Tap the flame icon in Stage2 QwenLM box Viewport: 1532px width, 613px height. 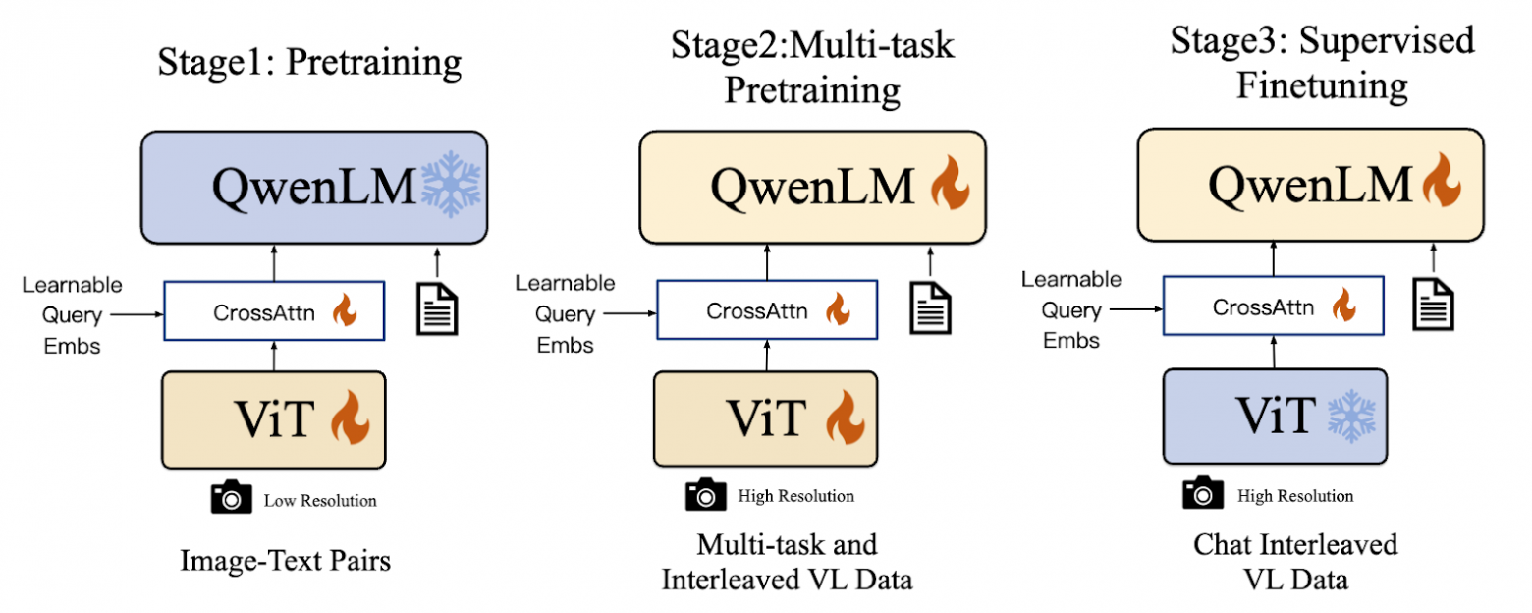(948, 186)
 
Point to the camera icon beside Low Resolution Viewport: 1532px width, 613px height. (232, 499)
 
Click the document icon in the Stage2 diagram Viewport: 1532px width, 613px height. (929, 307)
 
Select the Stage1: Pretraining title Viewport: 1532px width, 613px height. (309, 62)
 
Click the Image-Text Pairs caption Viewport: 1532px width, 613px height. (286, 561)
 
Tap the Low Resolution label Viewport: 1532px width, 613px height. (319, 501)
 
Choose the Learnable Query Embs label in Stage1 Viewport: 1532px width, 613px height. (72, 315)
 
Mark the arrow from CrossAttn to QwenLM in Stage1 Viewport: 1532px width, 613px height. (274, 263)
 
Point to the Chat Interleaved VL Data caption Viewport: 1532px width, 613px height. (1294, 561)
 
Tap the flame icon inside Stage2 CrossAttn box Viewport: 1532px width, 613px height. (837, 311)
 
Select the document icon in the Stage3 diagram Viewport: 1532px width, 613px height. (1433, 303)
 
